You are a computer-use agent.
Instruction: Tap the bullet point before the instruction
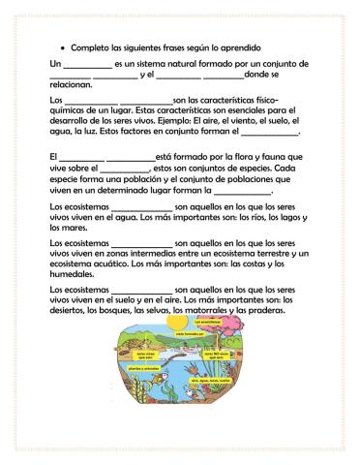click(x=62, y=47)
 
